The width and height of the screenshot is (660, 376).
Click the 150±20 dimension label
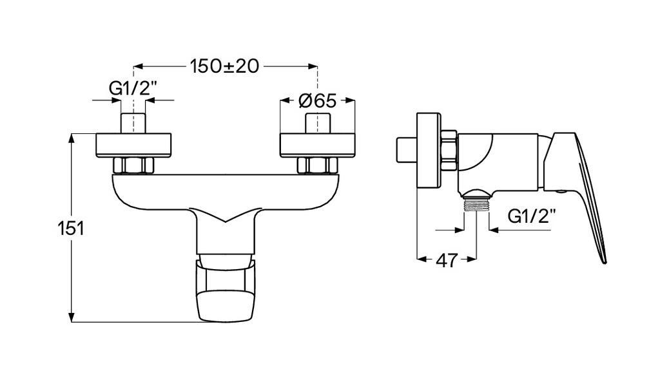click(x=224, y=66)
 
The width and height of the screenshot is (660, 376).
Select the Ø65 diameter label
click(x=318, y=100)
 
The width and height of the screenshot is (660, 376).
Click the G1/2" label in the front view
click(x=132, y=88)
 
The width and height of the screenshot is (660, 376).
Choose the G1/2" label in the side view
click(x=531, y=216)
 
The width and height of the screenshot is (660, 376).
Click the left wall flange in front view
click(x=135, y=145)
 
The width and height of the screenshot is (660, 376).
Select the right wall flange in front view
click(x=318, y=145)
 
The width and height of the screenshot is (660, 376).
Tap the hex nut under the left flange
click(x=133, y=165)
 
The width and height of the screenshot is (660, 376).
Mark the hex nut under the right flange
click(x=316, y=165)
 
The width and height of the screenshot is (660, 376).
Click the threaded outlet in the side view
click(x=476, y=205)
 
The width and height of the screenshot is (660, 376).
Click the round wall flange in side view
click(x=428, y=152)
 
